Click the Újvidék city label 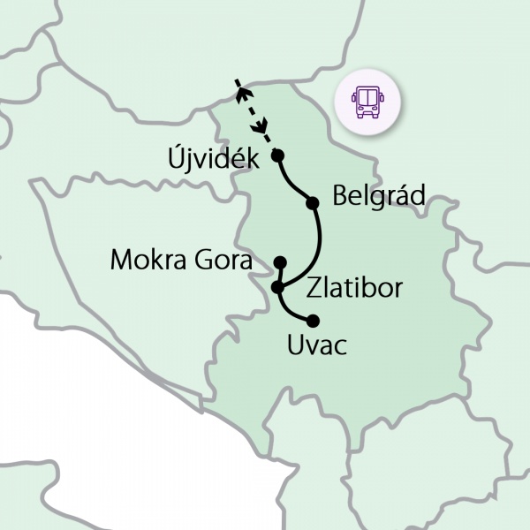[212, 159]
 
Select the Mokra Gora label [181, 261]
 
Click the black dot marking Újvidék [277, 155]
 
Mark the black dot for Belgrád [312, 203]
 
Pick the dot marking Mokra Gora [280, 262]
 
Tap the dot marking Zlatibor [278, 287]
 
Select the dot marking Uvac [312, 321]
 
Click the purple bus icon [366, 102]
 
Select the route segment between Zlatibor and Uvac [289, 310]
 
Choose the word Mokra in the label [147, 261]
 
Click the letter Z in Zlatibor [314, 289]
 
